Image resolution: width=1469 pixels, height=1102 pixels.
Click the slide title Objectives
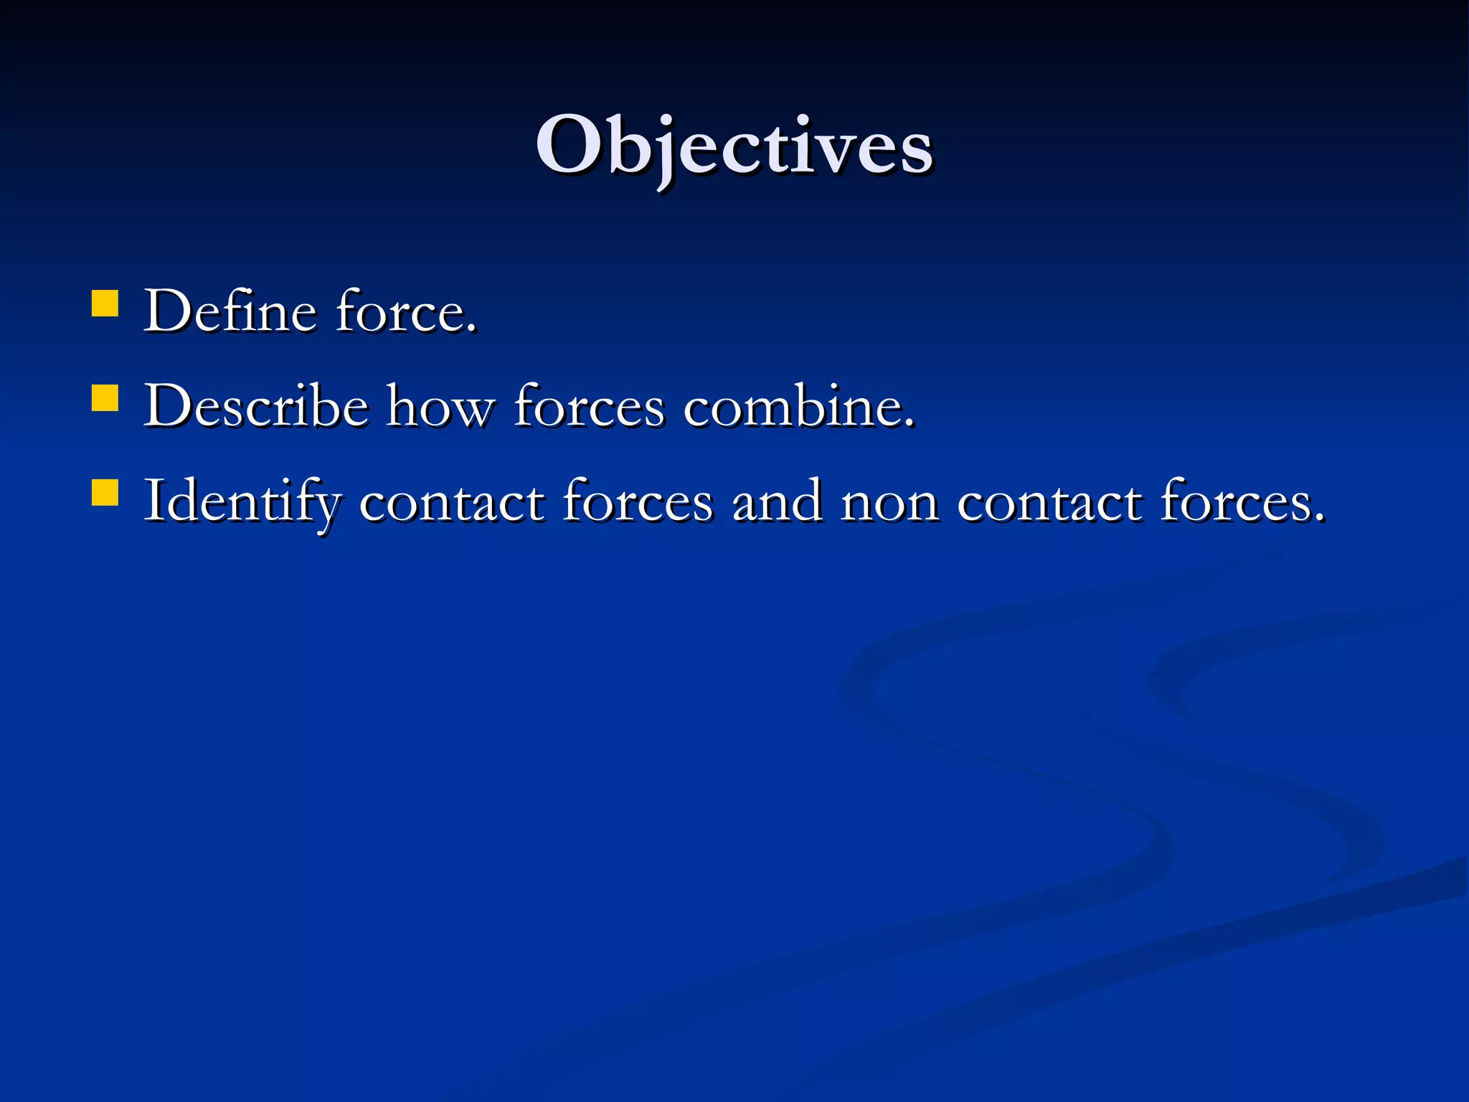734,147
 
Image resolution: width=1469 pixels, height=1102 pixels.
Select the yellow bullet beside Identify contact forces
105,493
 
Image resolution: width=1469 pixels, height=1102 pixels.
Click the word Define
230,312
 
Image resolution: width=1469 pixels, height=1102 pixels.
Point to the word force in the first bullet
402,312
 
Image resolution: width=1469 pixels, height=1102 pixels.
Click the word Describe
256,407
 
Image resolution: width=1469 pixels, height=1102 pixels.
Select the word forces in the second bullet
590,407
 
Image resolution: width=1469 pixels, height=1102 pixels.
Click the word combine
793,407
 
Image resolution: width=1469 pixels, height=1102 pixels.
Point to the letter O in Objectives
568,146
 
